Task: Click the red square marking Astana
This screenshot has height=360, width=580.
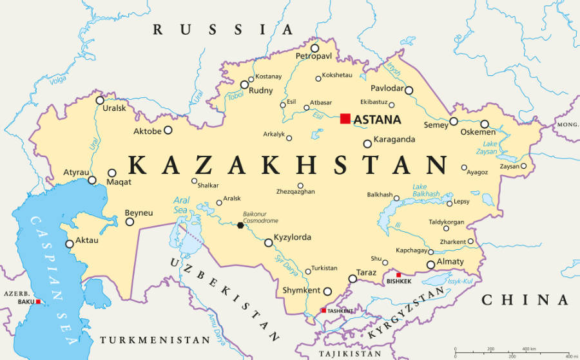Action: pyautogui.click(x=345, y=118)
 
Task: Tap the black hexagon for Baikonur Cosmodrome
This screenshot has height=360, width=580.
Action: pyautogui.click(x=240, y=225)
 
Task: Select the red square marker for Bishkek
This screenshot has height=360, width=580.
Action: pyautogui.click(x=398, y=275)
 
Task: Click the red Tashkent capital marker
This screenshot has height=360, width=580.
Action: pyautogui.click(x=324, y=310)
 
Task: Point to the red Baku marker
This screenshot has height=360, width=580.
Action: pyautogui.click(x=38, y=301)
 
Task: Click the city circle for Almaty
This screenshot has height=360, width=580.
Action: pyautogui.click(x=431, y=265)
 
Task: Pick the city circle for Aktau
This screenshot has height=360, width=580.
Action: pyautogui.click(x=70, y=244)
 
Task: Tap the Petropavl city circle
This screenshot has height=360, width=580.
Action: pyautogui.click(x=314, y=48)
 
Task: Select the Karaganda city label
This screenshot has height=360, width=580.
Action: pyautogui.click(x=394, y=139)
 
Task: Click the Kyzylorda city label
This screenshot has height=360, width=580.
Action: pyautogui.click(x=292, y=238)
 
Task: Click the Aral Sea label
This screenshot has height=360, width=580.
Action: pyautogui.click(x=181, y=205)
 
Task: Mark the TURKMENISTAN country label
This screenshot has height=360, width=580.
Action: pyautogui.click(x=155, y=339)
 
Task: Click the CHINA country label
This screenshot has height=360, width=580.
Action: pyautogui.click(x=525, y=299)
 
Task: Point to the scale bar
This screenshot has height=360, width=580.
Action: pyautogui.click(x=512, y=352)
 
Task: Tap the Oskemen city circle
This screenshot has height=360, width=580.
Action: pyautogui.click(x=485, y=124)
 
